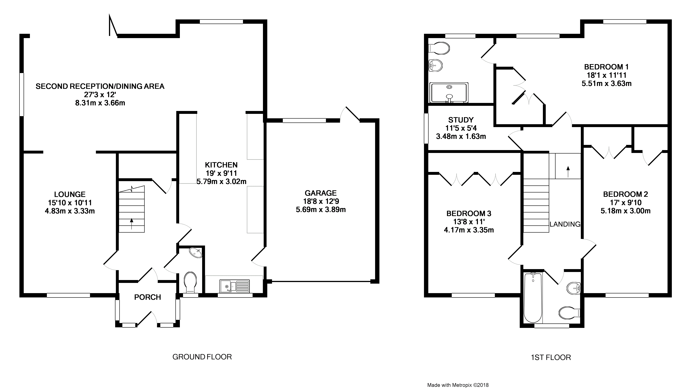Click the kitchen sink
pyautogui.click(x=235, y=286)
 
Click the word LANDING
pyautogui.click(x=565, y=224)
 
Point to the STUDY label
pyautogui.click(x=461, y=120)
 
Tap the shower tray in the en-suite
pyautogui.click(x=449, y=93)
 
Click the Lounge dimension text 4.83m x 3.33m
pyautogui.click(x=70, y=211)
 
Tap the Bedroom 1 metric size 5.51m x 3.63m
pyautogui.click(x=606, y=84)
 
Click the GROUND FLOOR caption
pyautogui.click(x=202, y=357)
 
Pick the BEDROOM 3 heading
pyautogui.click(x=469, y=213)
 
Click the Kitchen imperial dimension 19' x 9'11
pyautogui.click(x=221, y=173)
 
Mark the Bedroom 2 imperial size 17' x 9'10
pyautogui.click(x=625, y=203)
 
